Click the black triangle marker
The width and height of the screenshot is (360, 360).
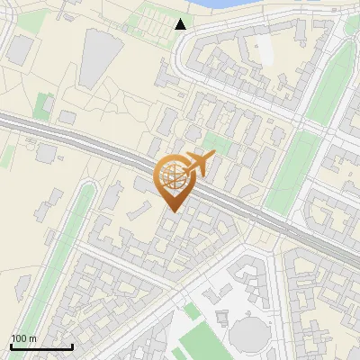point(181,24)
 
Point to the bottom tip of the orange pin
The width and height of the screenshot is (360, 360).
point(171,211)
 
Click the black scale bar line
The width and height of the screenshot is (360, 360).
point(41,346)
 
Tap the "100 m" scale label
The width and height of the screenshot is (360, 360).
point(23,338)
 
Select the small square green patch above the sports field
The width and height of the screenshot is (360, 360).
point(192,311)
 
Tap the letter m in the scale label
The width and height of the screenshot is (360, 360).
point(32,338)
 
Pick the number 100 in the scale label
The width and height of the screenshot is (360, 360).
point(18,338)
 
